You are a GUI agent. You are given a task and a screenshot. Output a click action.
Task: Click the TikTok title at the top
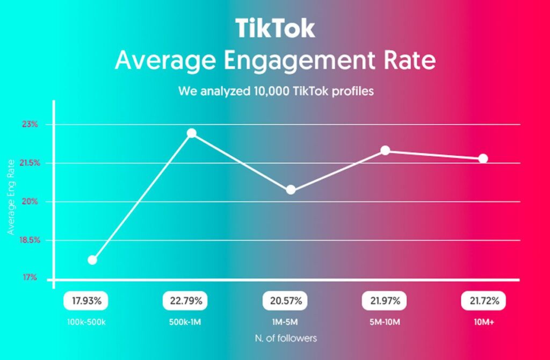[275, 27]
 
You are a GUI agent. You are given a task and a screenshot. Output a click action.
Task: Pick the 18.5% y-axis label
[27, 240]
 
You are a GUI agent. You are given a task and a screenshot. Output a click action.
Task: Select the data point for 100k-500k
[92, 260]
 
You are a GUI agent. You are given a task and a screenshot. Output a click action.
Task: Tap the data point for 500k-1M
[191, 133]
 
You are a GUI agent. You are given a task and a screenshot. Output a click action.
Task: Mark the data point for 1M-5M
[291, 190]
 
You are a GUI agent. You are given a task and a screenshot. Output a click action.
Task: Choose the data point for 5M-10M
[385, 150]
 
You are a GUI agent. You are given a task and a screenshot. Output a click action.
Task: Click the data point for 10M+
[483, 159]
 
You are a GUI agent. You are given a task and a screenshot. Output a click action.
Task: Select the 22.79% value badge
[183, 301]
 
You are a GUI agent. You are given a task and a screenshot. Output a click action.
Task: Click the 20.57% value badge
[283, 301]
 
